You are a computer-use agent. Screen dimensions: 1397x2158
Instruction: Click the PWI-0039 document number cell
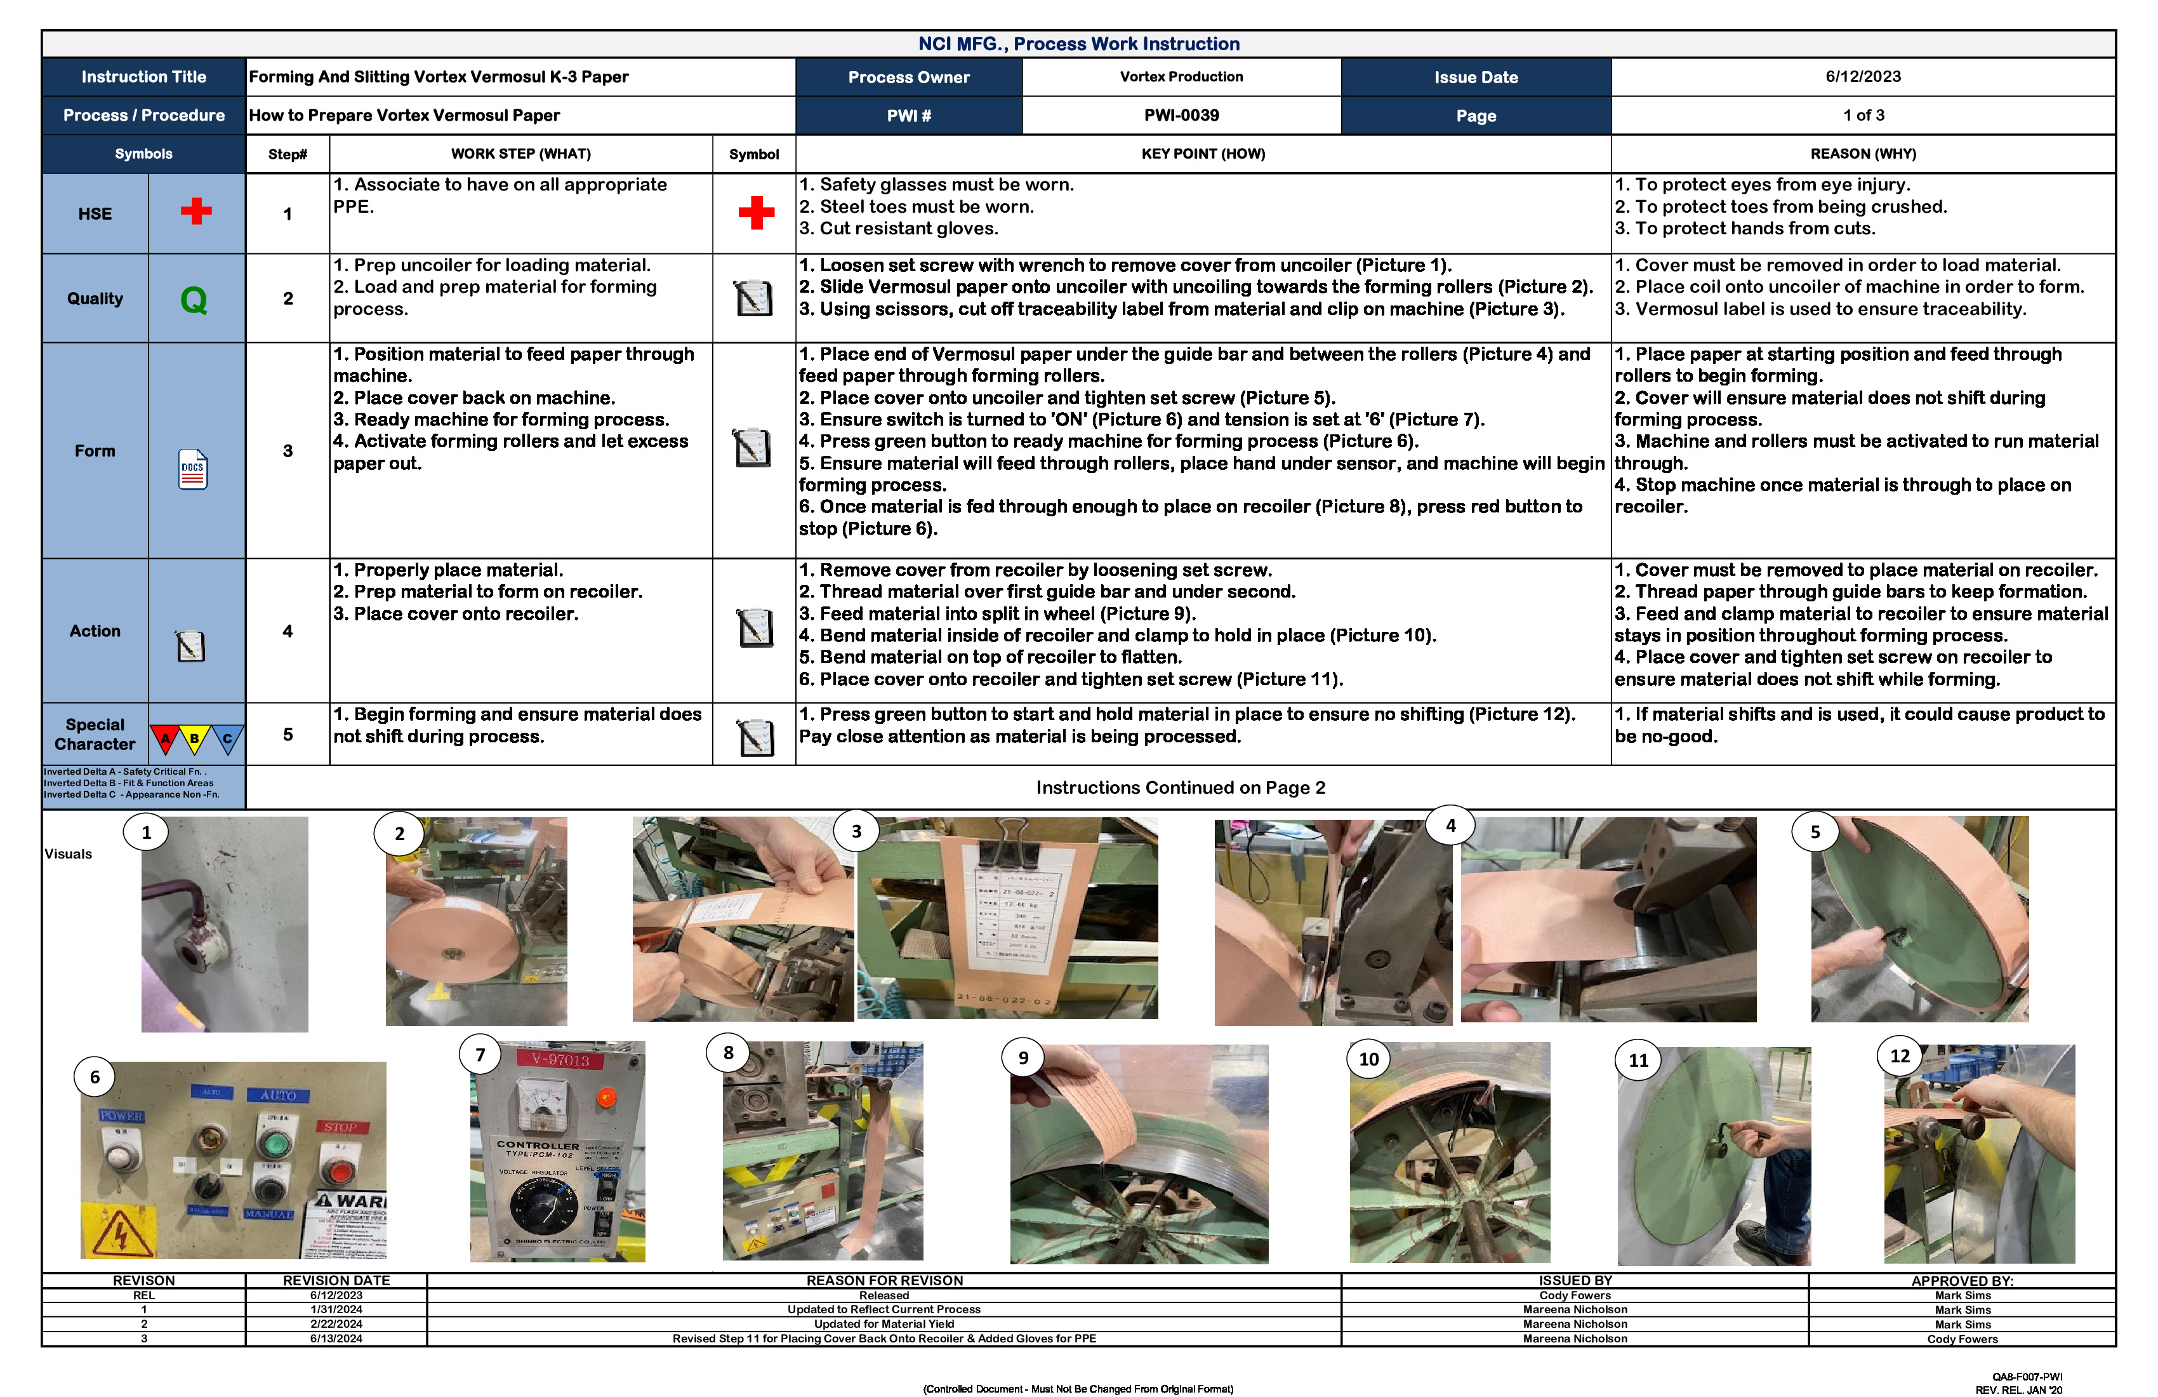point(1181,115)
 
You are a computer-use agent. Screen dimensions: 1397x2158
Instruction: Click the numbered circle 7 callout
point(480,1054)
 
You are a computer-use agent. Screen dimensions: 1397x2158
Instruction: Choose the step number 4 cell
point(288,631)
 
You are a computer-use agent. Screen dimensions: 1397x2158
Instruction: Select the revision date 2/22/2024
point(336,1323)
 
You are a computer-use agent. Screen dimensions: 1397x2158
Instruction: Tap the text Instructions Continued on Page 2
point(1180,787)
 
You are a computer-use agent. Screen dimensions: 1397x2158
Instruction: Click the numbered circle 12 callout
point(1900,1056)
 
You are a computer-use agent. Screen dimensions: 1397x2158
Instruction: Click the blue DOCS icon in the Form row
point(192,469)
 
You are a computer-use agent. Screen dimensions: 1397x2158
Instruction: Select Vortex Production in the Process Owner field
point(1181,76)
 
